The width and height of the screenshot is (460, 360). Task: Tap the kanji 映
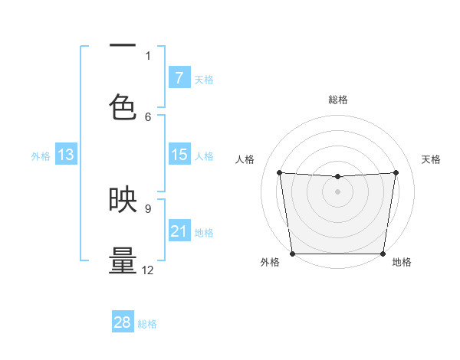pyautogui.click(x=123, y=200)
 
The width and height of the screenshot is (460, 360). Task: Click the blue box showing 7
pyautogui.click(x=179, y=77)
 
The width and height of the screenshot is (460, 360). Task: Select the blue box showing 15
pyautogui.click(x=179, y=155)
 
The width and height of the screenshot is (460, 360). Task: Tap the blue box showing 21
pyautogui.click(x=179, y=231)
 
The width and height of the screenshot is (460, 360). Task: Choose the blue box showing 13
pyautogui.click(x=66, y=155)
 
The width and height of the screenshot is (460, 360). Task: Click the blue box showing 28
pyautogui.click(x=123, y=322)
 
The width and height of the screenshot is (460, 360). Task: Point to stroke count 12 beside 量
pyautogui.click(x=148, y=270)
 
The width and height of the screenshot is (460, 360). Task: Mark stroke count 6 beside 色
pyautogui.click(x=148, y=116)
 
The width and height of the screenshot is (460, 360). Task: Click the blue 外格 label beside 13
pyautogui.click(x=41, y=155)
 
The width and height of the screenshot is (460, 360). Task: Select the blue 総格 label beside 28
pyautogui.click(x=147, y=323)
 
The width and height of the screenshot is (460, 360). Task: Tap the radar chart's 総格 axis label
pyautogui.click(x=337, y=100)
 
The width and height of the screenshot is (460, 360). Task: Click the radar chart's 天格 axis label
pyautogui.click(x=432, y=159)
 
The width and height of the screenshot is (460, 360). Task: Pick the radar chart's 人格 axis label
pyautogui.click(x=245, y=159)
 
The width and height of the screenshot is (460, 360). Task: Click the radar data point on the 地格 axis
pyautogui.click(x=383, y=254)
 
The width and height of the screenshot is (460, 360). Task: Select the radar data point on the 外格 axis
pyautogui.click(x=292, y=254)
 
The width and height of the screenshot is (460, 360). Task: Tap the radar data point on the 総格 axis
pyautogui.click(x=337, y=177)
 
